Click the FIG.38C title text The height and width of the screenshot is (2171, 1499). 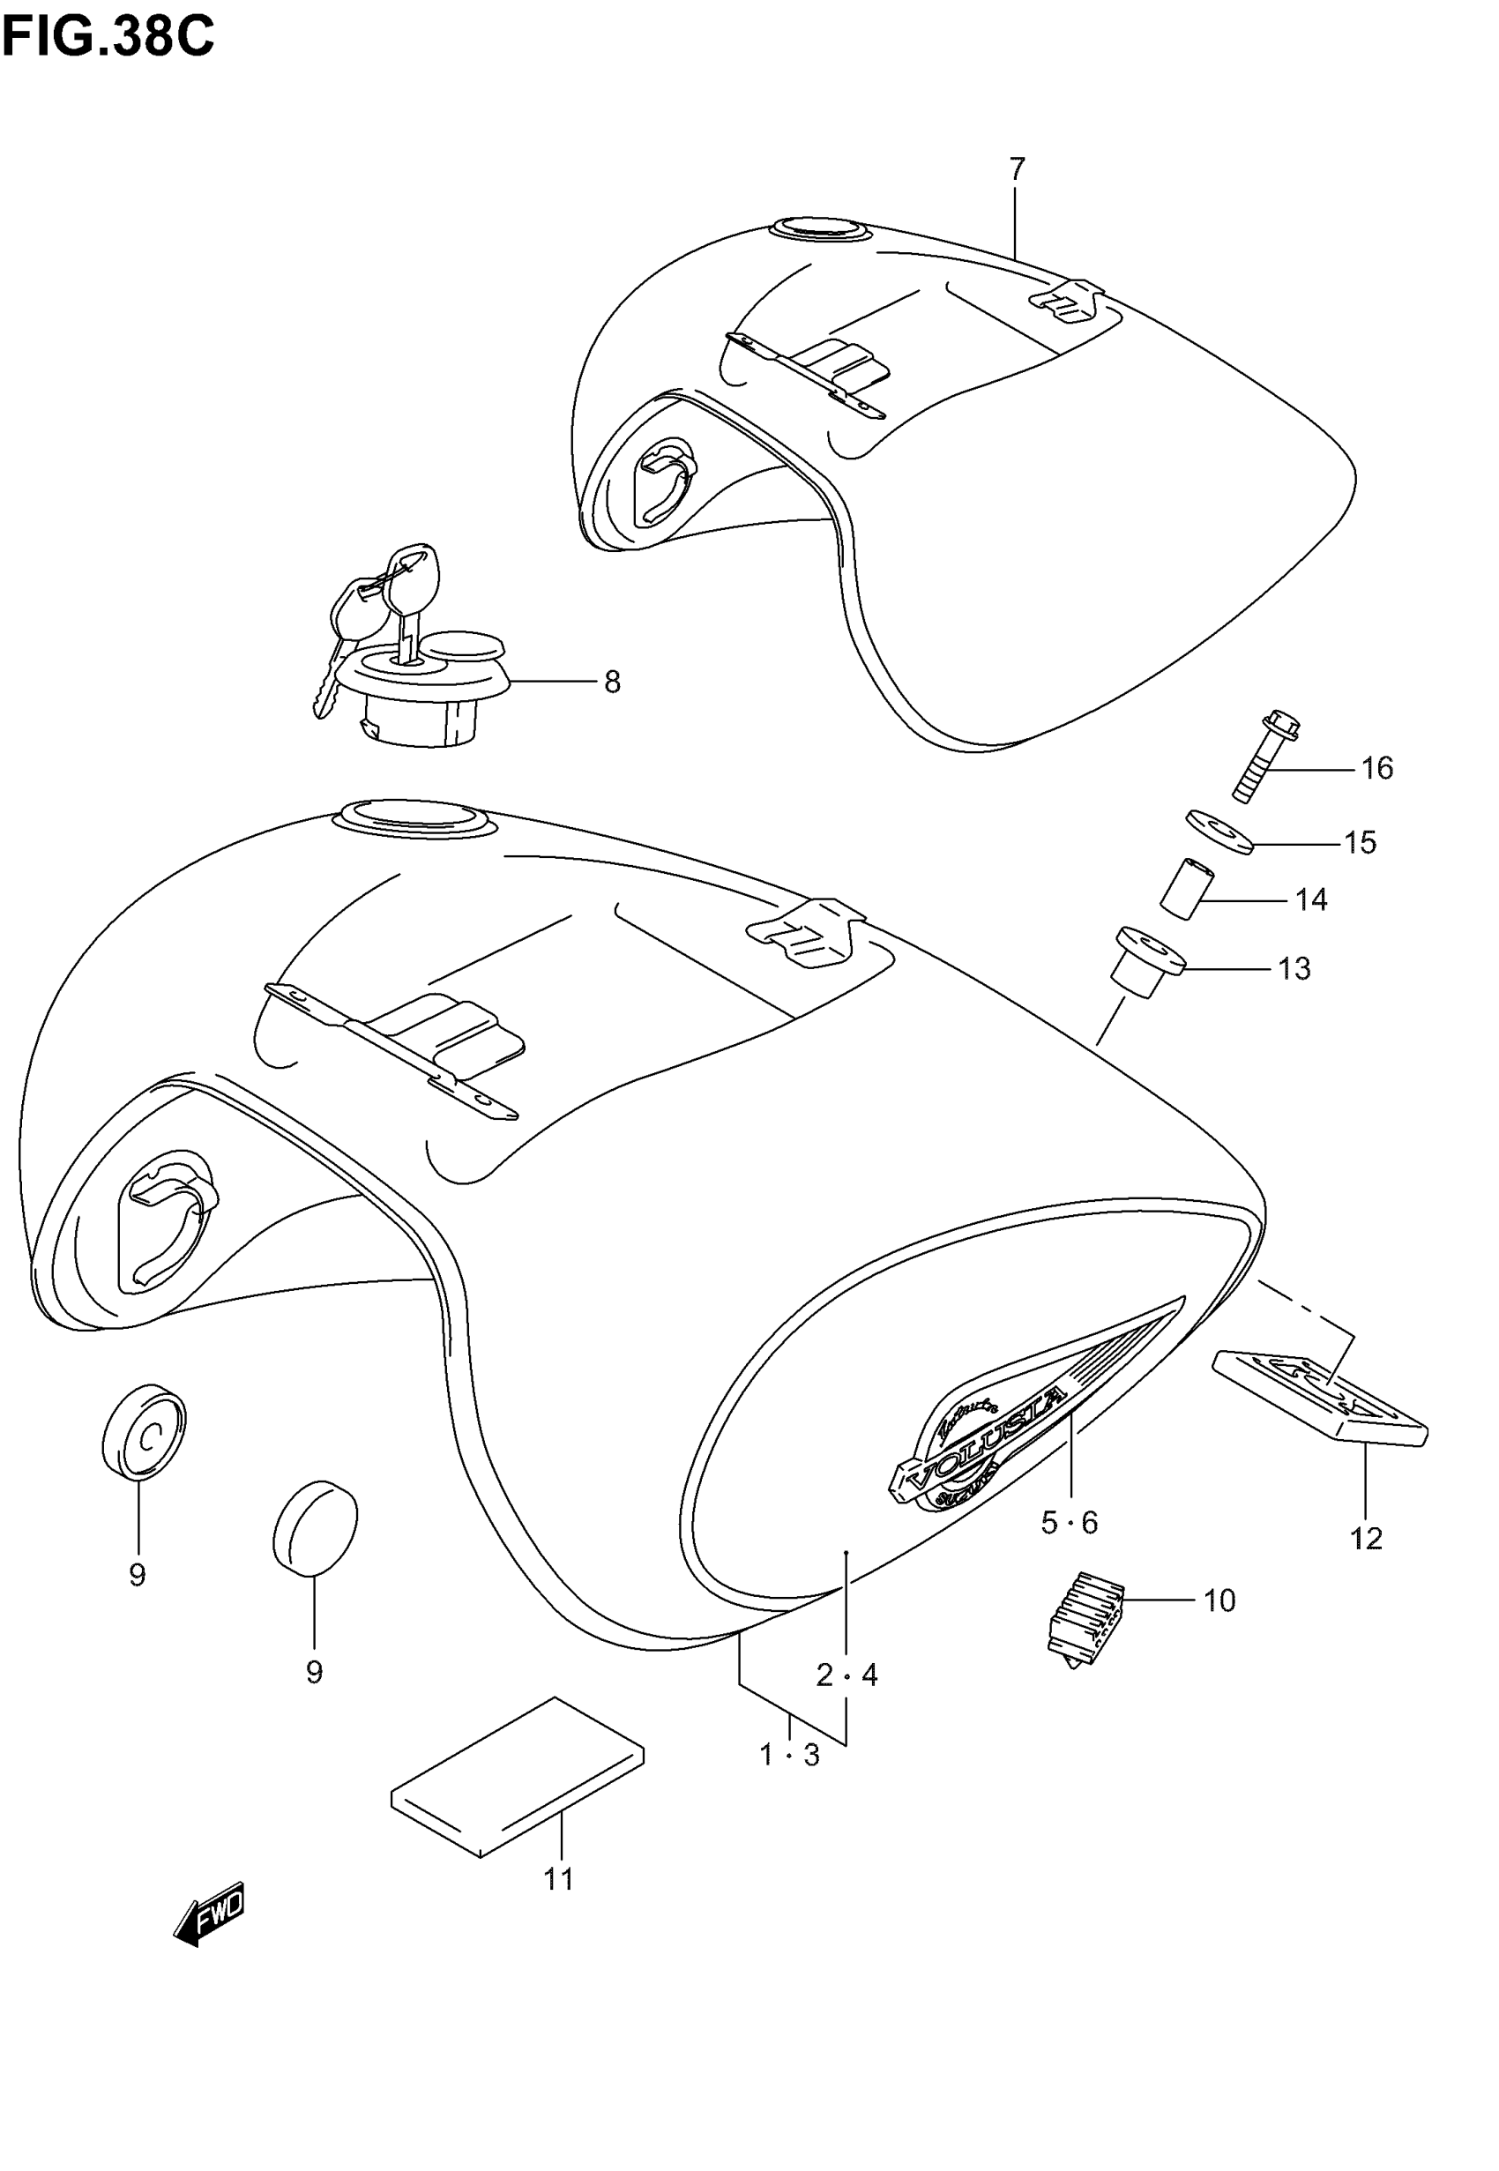pyautogui.click(x=108, y=38)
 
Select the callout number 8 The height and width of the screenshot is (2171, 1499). pyautogui.click(x=612, y=683)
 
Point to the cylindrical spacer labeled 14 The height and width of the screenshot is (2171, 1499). pyautogui.click(x=1187, y=887)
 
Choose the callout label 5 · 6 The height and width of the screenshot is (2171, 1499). pyautogui.click(x=1069, y=1522)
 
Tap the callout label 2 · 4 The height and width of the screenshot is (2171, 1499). pyautogui.click(x=846, y=1675)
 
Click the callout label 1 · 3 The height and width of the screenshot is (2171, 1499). pyautogui.click(x=790, y=1754)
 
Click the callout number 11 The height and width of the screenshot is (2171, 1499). pyautogui.click(x=559, y=1879)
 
